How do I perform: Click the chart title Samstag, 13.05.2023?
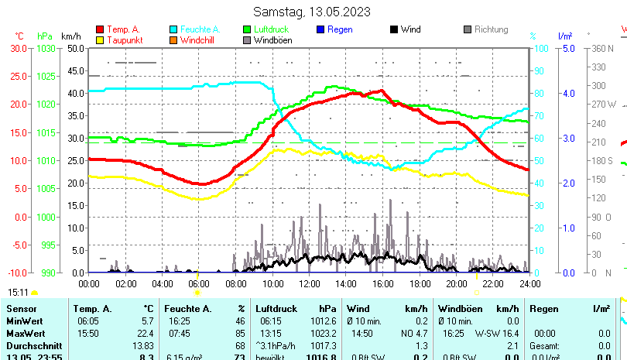click(x=313, y=12)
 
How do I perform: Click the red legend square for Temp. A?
click(x=99, y=30)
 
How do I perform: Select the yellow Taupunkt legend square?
click(x=99, y=40)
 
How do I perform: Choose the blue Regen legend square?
click(x=320, y=30)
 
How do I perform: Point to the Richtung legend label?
click(x=491, y=30)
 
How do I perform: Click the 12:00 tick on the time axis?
click(x=309, y=284)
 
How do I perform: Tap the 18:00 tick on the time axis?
click(x=420, y=284)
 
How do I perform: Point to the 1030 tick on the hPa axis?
click(x=46, y=48)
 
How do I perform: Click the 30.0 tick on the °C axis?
click(x=19, y=48)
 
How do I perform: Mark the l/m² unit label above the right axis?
click(x=564, y=36)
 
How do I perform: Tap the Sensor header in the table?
click(x=21, y=309)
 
